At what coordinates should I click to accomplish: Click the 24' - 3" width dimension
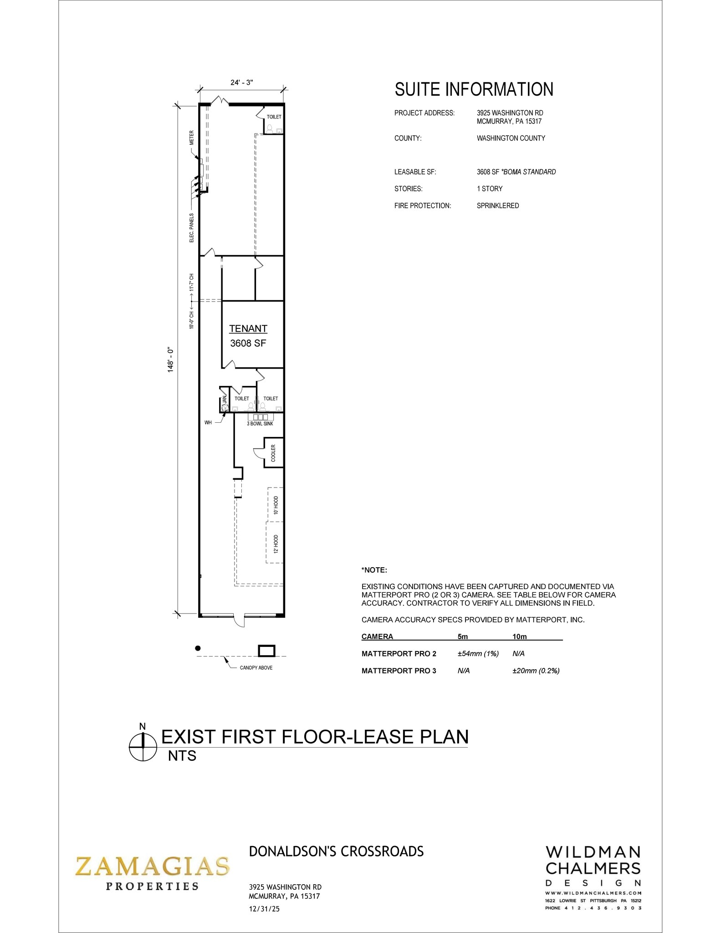click(241, 82)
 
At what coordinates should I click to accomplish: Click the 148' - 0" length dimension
click(171, 360)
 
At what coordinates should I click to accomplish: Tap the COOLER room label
click(273, 453)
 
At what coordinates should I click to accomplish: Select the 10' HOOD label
click(276, 505)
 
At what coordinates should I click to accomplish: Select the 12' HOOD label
click(276, 544)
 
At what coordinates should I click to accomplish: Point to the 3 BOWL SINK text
click(260, 424)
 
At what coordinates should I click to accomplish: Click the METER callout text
click(192, 138)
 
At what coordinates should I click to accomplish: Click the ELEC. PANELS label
click(192, 228)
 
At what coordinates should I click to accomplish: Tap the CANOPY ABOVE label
click(256, 668)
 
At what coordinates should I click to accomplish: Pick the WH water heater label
click(208, 423)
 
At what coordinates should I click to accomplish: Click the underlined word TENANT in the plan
click(248, 328)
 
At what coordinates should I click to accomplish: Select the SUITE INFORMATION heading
click(474, 89)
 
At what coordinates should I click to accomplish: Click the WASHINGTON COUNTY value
click(511, 138)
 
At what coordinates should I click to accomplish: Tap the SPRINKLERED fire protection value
click(497, 205)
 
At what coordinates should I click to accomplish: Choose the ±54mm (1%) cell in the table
click(478, 654)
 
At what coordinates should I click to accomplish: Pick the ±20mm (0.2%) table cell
click(536, 671)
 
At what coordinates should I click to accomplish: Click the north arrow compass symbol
click(143, 748)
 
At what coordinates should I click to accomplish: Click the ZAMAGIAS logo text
click(152, 866)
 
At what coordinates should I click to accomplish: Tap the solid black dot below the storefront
click(198, 648)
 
